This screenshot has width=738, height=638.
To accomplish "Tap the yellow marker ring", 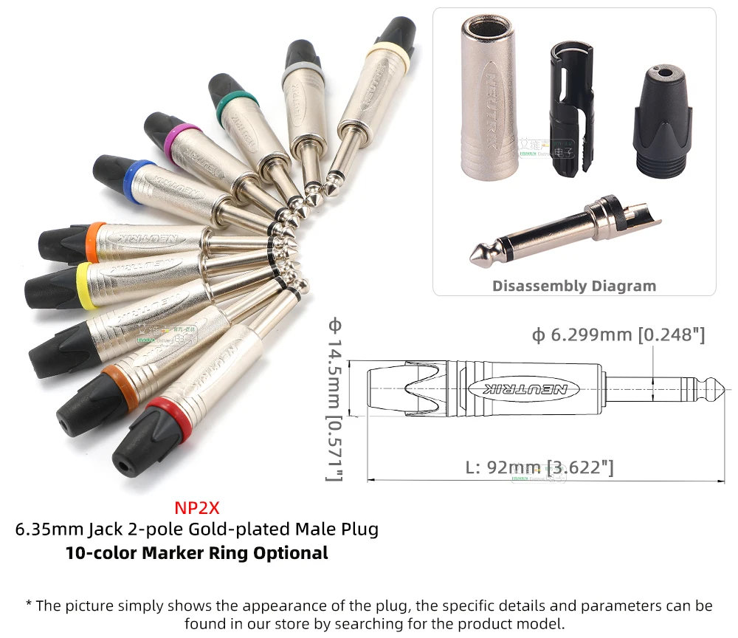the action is [x=85, y=286].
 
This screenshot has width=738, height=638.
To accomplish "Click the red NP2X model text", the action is [x=197, y=509].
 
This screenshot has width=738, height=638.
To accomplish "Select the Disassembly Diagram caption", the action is [x=574, y=286].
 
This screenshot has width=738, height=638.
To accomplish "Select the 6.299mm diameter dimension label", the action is [x=618, y=335].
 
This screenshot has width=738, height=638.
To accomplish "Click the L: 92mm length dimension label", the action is [x=539, y=467].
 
